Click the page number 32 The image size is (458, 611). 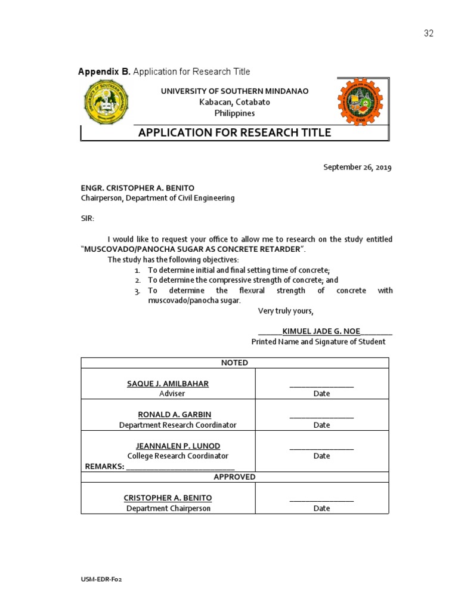pos(429,33)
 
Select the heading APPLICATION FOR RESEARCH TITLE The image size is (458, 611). pos(234,132)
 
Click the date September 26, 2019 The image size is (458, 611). pos(357,168)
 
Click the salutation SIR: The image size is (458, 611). pos(88,218)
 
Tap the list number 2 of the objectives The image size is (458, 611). pos(137,280)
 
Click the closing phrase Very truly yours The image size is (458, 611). pos(285,311)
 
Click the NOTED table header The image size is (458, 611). pos(234,363)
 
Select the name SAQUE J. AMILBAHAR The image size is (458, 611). pos(168,384)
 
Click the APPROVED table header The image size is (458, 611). pos(234,477)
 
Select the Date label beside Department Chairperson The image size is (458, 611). pos(321,508)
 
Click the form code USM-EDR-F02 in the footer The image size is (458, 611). pos(101,579)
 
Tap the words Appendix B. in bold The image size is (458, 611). pos(104,72)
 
